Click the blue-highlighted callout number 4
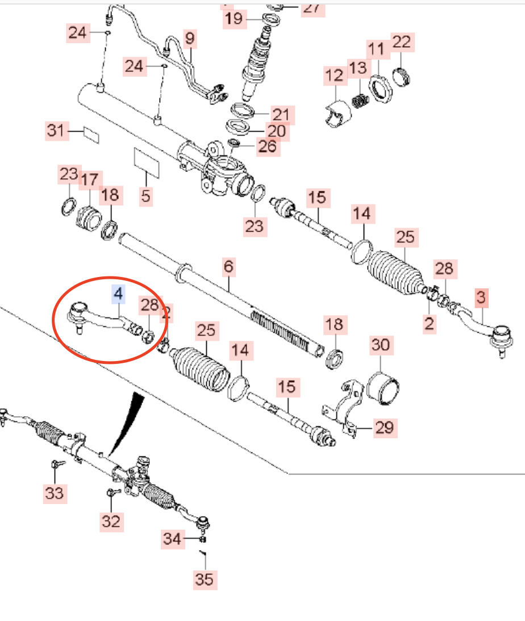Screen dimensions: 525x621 [118, 294]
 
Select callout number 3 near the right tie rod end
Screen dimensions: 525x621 [481, 297]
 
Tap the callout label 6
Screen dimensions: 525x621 [228, 267]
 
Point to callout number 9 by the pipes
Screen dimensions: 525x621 [190, 39]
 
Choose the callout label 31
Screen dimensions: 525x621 [56, 131]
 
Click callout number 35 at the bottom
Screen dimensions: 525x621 [205, 580]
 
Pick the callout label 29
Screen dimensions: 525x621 [385, 428]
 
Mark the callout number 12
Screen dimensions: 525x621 [334, 75]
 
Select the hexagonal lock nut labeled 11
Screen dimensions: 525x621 [380, 90]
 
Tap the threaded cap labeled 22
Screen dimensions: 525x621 [401, 77]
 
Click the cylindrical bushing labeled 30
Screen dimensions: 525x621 [382, 390]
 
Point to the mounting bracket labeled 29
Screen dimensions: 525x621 [344, 408]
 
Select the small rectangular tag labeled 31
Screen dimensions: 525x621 [91, 135]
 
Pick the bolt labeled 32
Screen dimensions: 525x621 [113, 493]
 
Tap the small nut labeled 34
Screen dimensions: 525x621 [202, 539]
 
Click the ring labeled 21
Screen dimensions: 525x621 [242, 111]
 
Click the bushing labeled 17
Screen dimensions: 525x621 [89, 218]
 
